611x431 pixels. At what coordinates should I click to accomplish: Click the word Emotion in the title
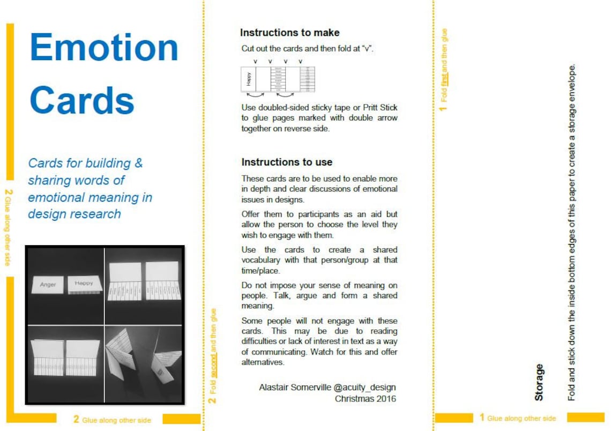coord(104,48)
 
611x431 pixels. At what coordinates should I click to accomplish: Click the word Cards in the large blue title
coord(81,100)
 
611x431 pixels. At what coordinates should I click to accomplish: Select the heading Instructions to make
coord(289,33)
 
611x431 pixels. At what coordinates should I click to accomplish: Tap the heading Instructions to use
coord(287,162)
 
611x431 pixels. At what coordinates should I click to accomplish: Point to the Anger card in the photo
coord(48,284)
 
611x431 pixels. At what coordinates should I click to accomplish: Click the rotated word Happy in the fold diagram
coord(248,79)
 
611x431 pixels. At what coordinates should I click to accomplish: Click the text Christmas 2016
coord(365,398)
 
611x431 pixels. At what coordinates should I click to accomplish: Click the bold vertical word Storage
coord(539,382)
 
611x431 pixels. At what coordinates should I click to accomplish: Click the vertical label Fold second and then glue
coord(213,356)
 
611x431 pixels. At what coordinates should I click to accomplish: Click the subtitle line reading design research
coord(74,214)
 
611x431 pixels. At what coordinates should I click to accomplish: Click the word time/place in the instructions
coord(260,270)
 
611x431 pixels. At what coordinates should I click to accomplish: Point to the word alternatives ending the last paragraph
coord(263,362)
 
